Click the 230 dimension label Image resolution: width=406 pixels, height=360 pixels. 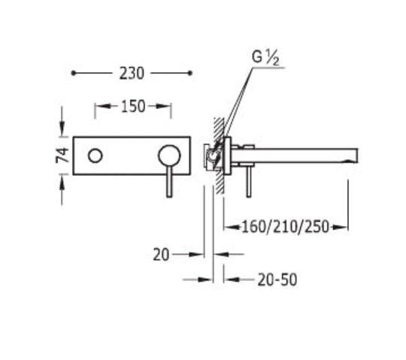(132, 74)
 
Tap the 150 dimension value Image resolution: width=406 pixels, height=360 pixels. (133, 107)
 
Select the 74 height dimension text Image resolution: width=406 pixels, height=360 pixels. (62, 155)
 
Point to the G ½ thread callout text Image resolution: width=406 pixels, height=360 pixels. (265, 58)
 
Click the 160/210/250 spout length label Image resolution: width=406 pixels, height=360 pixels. (285, 227)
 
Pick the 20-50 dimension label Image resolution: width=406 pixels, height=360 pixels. (277, 280)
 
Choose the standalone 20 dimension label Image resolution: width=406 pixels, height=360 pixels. (161, 255)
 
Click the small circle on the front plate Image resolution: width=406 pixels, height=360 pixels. (95, 156)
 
